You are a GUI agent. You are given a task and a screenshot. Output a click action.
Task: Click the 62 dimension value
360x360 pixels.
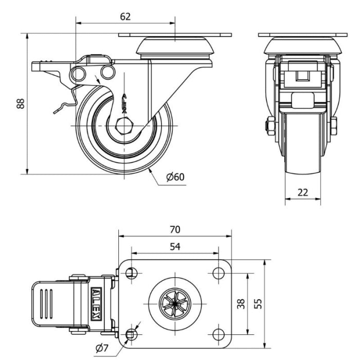tap(125, 16)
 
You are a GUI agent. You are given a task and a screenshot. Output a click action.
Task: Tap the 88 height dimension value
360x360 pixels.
tap(21, 103)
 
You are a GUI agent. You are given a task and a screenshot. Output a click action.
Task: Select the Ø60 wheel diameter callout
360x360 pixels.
tap(175, 177)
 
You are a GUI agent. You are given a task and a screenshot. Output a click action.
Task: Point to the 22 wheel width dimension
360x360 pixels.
tap(302, 192)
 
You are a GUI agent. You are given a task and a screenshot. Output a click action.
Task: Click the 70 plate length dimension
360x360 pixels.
tap(175, 229)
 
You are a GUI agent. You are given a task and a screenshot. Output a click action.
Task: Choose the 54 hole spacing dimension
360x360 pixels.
tap(175, 246)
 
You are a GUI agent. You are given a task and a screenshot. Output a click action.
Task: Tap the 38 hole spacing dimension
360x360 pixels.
tap(241, 304)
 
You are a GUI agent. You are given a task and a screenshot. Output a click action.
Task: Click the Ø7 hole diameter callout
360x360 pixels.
tap(102, 349)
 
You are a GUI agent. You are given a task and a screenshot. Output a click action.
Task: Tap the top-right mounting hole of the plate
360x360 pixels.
tap(219, 273)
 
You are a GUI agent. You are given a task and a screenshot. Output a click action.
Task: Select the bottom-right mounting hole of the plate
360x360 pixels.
tap(219, 334)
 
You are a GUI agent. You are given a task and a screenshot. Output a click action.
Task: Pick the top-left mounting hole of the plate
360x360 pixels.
tap(132, 273)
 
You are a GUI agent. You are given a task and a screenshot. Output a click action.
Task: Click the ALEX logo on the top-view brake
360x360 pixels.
tap(96, 304)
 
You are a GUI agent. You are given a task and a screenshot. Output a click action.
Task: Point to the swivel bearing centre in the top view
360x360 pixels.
tap(175, 304)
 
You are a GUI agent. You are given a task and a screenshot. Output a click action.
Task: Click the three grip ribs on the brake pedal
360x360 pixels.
tap(46, 304)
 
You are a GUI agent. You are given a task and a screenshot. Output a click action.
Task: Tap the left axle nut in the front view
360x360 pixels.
tap(270, 126)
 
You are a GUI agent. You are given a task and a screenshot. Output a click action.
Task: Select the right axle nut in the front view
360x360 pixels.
tap(334, 126)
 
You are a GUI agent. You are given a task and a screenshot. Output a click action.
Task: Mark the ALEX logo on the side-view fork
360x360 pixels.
tap(124, 103)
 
